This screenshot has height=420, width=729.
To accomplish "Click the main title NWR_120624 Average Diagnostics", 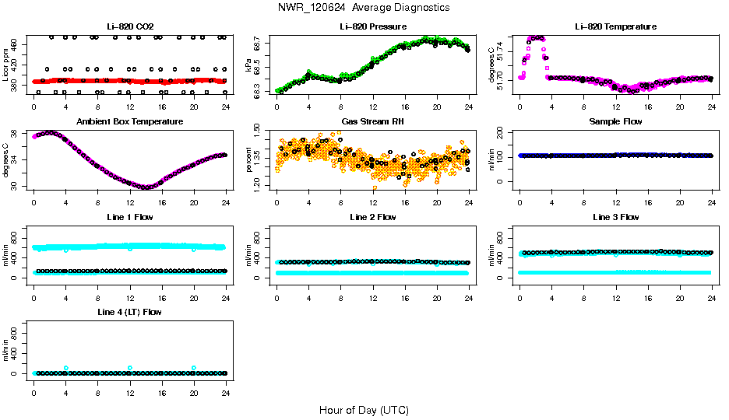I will tap(363, 8).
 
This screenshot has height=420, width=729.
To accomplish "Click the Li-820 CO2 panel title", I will tap(130, 27).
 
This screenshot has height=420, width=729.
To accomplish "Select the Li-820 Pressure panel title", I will tap(372, 27).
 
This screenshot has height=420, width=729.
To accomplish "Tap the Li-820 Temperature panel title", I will tap(615, 27).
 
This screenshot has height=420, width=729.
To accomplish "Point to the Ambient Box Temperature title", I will tap(130, 122).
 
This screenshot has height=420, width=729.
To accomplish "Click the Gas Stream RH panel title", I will tap(372, 122).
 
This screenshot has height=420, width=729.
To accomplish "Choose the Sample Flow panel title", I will tap(615, 122).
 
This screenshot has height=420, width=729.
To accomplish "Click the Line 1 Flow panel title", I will tap(130, 217).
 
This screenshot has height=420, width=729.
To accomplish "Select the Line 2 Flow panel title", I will tap(372, 217).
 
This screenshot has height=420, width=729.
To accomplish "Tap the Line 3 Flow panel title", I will tap(615, 217).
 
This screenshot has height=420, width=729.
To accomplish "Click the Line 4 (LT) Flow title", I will tap(130, 312).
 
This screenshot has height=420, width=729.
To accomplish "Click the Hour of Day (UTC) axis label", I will tap(364, 410).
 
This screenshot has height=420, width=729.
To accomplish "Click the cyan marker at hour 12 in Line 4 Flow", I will tap(130, 368).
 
